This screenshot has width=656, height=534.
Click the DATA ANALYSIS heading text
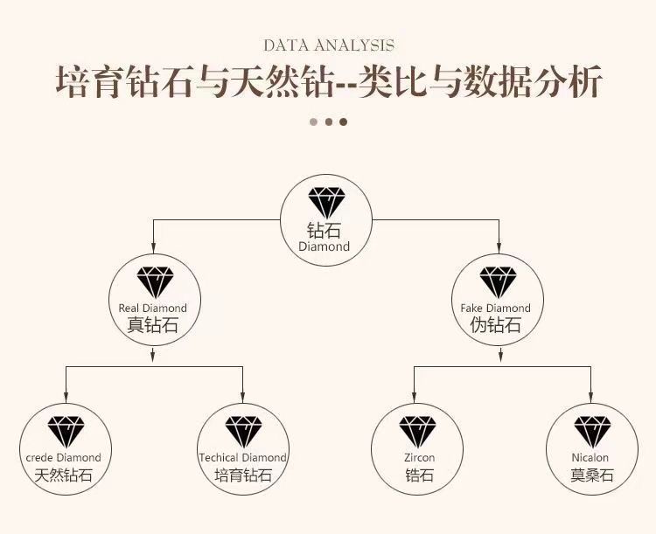click(x=328, y=45)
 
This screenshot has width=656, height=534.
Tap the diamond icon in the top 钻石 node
click(x=327, y=203)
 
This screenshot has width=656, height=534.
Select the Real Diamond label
click(x=153, y=309)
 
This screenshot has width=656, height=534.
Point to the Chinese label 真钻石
click(x=153, y=325)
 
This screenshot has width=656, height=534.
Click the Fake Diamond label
click(x=496, y=309)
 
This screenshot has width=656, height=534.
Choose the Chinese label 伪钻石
click(x=496, y=325)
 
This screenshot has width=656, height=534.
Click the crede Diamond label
click(x=64, y=457)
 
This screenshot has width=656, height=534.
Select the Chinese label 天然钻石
click(x=64, y=475)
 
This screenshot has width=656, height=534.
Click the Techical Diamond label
click(x=242, y=457)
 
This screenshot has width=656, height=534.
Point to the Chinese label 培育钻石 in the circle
click(x=242, y=475)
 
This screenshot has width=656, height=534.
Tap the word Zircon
click(x=419, y=457)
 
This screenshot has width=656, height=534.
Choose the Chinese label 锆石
click(x=419, y=475)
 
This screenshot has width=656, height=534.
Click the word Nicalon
click(x=590, y=457)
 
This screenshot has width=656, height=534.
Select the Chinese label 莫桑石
click(x=591, y=475)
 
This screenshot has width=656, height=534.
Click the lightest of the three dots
click(x=313, y=121)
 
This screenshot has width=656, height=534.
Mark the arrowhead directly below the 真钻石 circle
click(x=154, y=355)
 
